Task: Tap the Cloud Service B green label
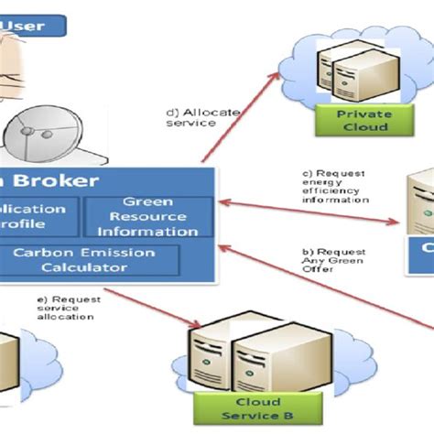pyautogui.click(x=258, y=408)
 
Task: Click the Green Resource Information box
pyautogui.click(x=148, y=217)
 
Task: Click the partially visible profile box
pyautogui.click(x=37, y=217)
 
